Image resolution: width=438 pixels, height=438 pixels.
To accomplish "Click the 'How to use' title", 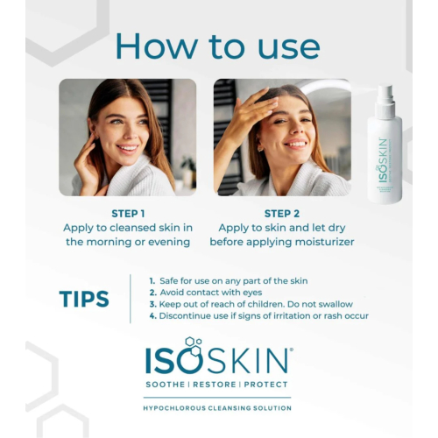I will pyautogui.click(x=217, y=45).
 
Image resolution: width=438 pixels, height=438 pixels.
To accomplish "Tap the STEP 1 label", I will pyautogui.click(x=128, y=213).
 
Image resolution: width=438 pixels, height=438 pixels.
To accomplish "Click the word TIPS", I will pyautogui.click(x=84, y=299).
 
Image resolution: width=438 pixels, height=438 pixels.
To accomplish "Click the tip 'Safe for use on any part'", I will pyautogui.click(x=229, y=279).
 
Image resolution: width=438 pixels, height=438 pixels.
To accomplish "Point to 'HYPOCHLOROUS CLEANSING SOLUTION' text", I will pyautogui.click(x=218, y=408).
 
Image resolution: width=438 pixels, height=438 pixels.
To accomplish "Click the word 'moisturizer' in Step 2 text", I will pyautogui.click(x=319, y=242).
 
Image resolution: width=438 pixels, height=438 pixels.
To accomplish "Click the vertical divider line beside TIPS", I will pyautogui.click(x=131, y=298).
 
